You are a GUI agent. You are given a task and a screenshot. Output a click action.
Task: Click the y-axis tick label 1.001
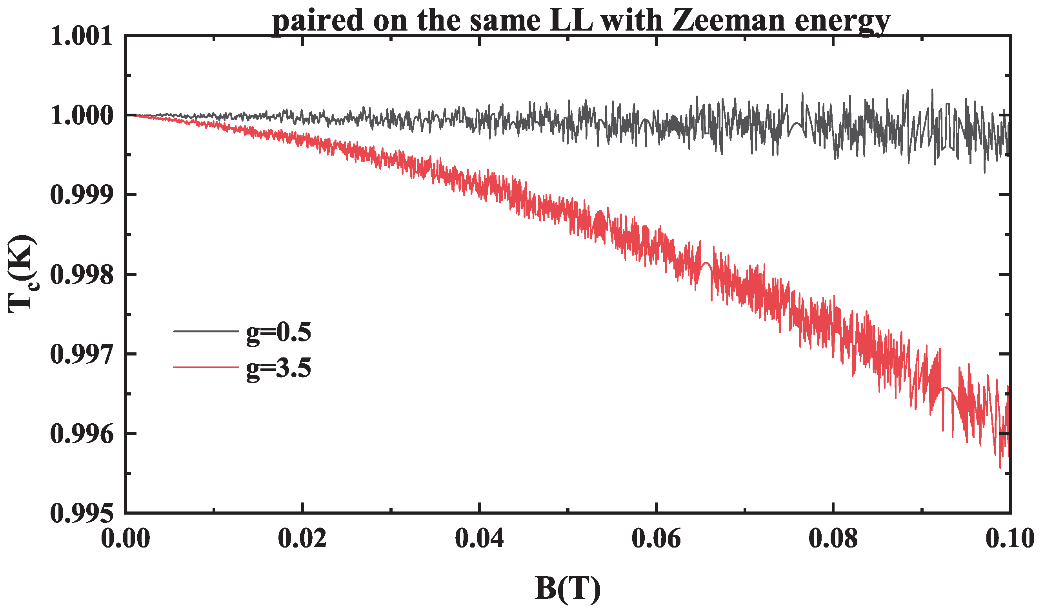tap(82, 36)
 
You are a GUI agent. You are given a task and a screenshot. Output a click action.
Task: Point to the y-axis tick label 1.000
tap(82, 116)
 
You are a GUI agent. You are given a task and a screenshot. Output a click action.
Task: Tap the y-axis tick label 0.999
tap(82, 195)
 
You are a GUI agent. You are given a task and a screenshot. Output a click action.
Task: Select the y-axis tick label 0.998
tap(82, 275)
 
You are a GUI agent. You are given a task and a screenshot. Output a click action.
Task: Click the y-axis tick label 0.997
tap(82, 354)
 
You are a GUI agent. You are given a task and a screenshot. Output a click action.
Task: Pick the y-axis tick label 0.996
tap(82, 434)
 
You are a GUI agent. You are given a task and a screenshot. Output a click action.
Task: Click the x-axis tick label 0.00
tap(125, 539)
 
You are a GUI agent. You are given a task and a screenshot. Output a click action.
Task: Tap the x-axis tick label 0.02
tap(302, 539)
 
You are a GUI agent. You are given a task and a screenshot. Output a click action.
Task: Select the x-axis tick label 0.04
tap(479, 539)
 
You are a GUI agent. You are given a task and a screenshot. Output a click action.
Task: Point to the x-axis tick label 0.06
tap(656, 539)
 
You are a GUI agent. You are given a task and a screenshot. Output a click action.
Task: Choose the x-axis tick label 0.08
tap(833, 539)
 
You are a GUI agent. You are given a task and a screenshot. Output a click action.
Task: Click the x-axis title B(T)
tap(567, 588)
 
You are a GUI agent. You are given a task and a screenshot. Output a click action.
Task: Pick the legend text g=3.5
tap(278, 368)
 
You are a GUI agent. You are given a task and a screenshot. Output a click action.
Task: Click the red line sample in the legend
tap(206, 367)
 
